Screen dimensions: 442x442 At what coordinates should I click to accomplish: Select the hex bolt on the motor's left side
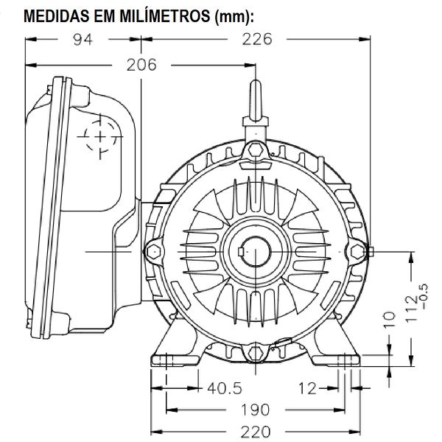(153, 250)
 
